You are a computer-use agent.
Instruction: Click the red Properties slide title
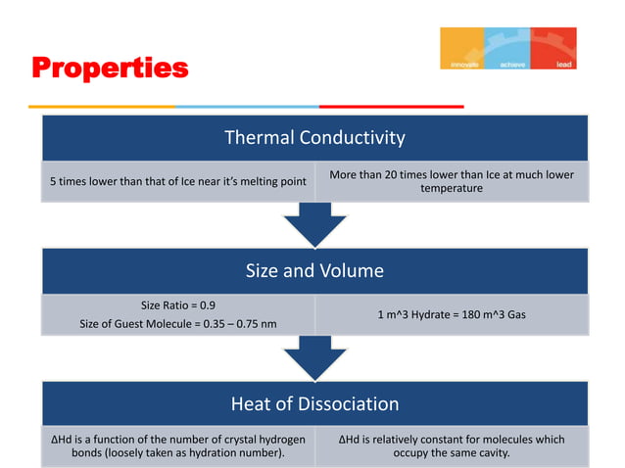pyautogui.click(x=109, y=69)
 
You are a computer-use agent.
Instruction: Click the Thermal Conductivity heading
pyautogui.click(x=314, y=138)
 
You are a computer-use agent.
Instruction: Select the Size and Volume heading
pyautogui.click(x=314, y=270)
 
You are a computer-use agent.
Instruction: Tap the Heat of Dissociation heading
pyautogui.click(x=314, y=403)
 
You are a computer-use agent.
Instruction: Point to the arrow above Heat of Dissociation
pyautogui.click(x=314, y=359)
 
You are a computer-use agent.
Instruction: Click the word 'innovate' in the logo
pyautogui.click(x=463, y=64)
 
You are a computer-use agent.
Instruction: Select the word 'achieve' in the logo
pyautogui.click(x=512, y=64)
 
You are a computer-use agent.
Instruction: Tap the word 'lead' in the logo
pyautogui.click(x=564, y=64)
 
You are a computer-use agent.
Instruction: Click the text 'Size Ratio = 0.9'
pyautogui.click(x=179, y=304)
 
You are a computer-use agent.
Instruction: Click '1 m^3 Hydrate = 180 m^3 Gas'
pyautogui.click(x=452, y=314)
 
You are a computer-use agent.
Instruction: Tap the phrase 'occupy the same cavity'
pyautogui.click(x=452, y=453)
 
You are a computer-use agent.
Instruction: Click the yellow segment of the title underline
pyautogui.click(x=102, y=106)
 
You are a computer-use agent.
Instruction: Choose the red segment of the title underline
pyautogui.click(x=391, y=106)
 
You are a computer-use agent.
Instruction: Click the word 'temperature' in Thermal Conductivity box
pyautogui.click(x=452, y=188)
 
